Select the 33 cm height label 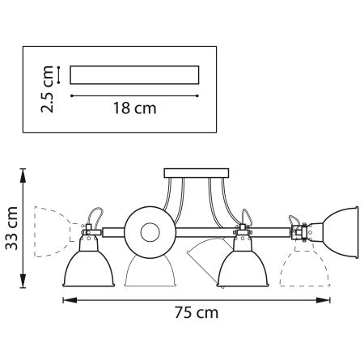(x=12, y=230)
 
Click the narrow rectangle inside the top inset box (x=134, y=74)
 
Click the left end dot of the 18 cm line (x=72, y=95)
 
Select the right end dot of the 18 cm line (x=198, y=95)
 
